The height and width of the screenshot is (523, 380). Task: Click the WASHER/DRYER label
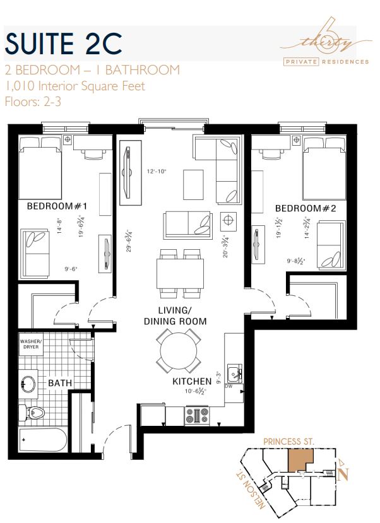pyautogui.click(x=30, y=344)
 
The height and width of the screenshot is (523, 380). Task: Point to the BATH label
pyautogui.click(x=60, y=383)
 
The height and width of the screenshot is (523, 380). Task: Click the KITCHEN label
pyautogui.click(x=192, y=382)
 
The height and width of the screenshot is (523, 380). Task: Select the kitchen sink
pyautogui.click(x=235, y=373)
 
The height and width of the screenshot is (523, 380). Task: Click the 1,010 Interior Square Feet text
pyautogui.click(x=74, y=86)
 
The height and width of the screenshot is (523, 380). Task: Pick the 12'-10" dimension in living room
pyautogui.click(x=155, y=171)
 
